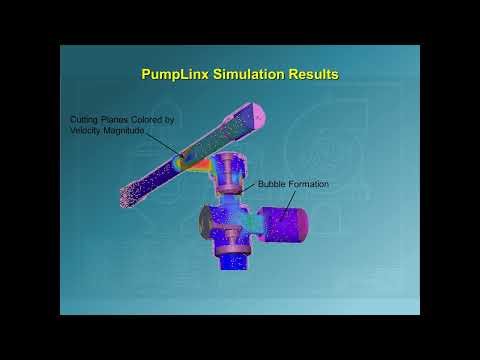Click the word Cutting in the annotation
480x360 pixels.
84,121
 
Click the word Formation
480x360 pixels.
309,185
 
